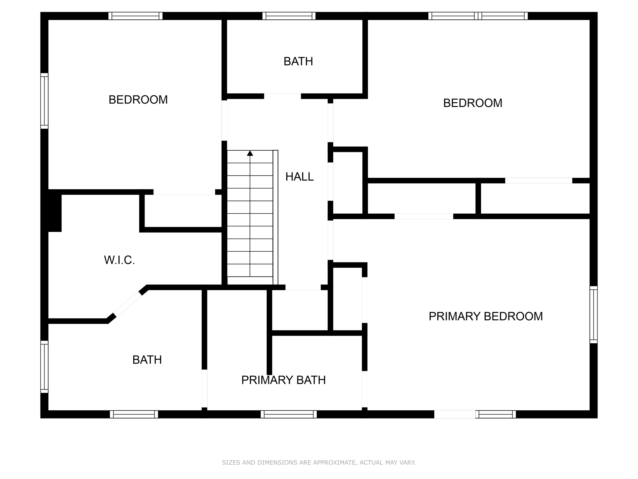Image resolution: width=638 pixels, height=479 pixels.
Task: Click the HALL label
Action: point(299,177)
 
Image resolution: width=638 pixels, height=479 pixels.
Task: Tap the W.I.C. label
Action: point(119,260)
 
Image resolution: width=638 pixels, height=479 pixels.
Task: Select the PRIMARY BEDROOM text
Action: point(485,316)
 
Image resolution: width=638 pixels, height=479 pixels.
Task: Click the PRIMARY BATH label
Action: point(283,380)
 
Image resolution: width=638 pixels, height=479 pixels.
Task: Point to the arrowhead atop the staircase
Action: point(250,153)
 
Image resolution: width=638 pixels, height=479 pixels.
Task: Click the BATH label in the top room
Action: point(298,61)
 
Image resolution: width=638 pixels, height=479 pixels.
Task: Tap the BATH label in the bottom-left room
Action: point(147,360)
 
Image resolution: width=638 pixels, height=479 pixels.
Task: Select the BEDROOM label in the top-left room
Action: point(138,100)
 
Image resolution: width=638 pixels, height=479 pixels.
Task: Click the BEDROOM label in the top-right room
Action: point(473,103)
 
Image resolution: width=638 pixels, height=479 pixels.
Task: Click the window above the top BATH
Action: point(289,16)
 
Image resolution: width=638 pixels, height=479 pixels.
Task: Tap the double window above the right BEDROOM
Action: point(478,16)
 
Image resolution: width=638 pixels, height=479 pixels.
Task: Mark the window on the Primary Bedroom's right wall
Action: point(593,315)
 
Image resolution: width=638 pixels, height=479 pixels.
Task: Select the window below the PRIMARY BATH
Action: point(289,414)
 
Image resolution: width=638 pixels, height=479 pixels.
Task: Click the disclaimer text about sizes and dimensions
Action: point(319,462)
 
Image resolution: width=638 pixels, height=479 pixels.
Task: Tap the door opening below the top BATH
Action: point(283,96)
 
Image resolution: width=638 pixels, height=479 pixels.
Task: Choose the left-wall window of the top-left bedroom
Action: point(45,101)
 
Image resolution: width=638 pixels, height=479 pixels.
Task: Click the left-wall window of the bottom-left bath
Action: point(45,366)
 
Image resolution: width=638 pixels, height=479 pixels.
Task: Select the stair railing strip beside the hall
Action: point(275,217)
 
